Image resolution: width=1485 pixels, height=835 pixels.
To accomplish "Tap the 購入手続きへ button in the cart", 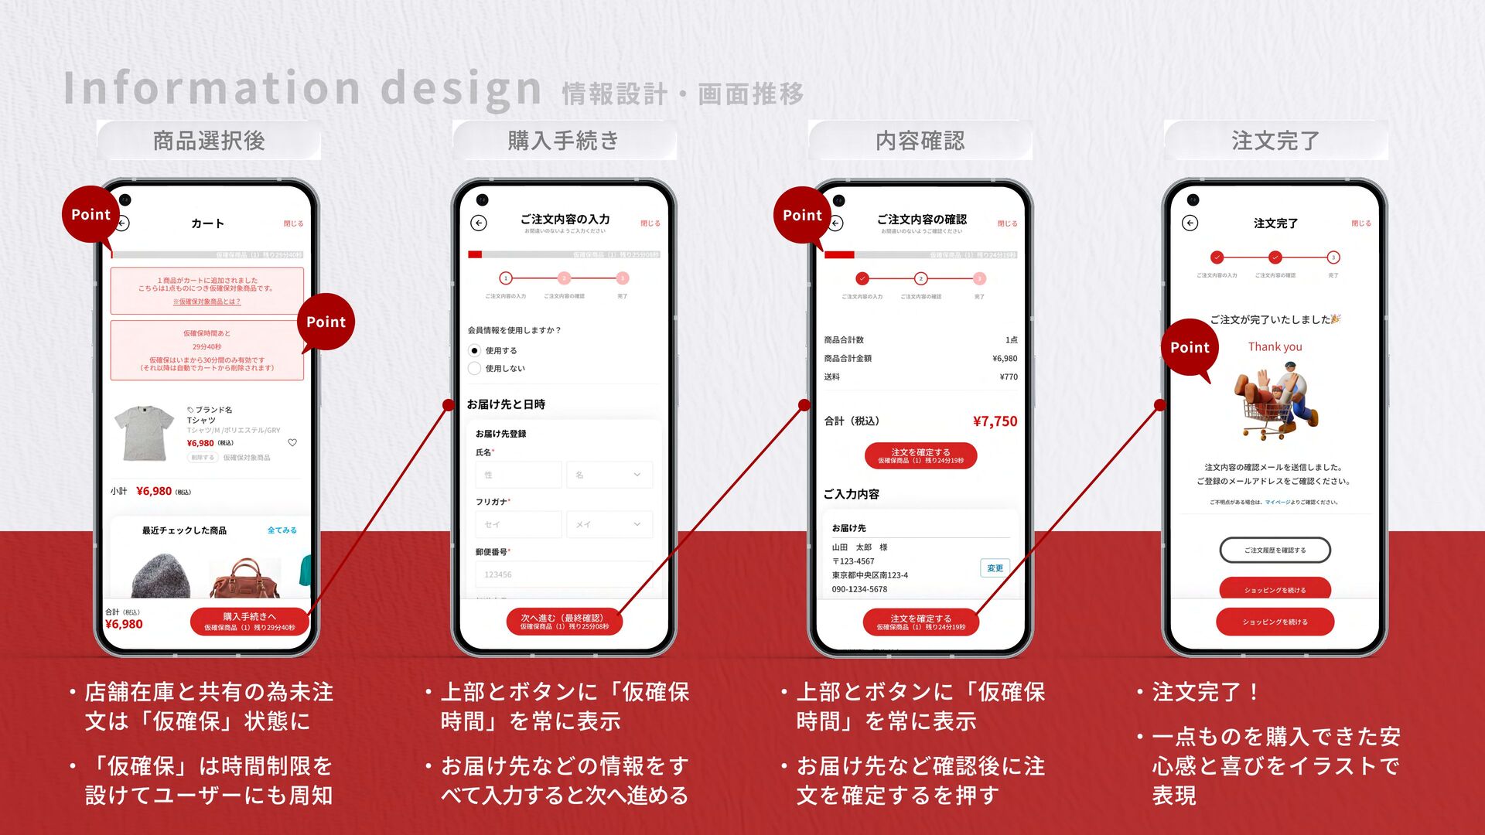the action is coord(249,622).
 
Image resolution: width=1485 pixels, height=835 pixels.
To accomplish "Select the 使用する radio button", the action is coord(475,350).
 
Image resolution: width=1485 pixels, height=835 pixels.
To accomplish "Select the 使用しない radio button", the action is coord(475,369).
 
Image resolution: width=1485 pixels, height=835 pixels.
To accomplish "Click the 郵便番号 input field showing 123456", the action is coord(563,574).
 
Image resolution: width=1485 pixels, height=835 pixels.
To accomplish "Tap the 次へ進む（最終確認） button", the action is coord(564,622).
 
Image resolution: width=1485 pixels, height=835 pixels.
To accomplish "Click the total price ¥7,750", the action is coord(995,421).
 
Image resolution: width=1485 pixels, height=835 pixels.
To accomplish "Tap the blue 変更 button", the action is coord(995,568).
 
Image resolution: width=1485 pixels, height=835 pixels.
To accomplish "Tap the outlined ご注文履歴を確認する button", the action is coord(1275,550).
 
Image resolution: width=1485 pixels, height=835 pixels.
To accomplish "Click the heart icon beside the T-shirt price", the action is coord(292,443).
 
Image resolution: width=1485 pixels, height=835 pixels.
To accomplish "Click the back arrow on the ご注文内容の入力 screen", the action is coord(479,223).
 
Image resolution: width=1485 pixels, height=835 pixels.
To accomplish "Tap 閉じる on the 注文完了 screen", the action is coord(1360,223).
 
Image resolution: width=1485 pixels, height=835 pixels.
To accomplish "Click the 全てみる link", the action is coord(282,530).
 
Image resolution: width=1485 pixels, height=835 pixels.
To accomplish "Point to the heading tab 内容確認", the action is coord(920,141).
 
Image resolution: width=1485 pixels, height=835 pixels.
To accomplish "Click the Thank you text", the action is coord(1275,347).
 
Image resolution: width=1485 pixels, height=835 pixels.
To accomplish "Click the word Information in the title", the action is coord(211,88).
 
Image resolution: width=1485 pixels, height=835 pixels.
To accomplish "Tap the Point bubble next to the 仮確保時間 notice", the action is coord(326,322).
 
